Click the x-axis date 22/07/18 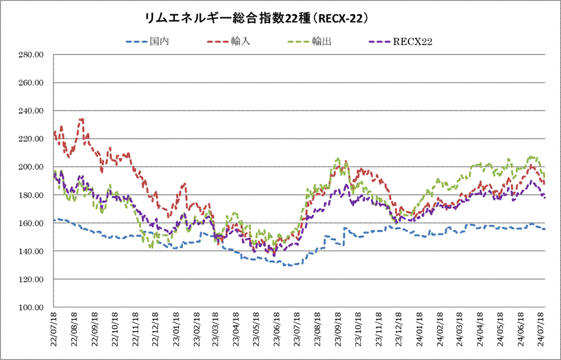(54, 332)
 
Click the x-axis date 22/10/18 (114, 332)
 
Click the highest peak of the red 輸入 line (82, 119)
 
